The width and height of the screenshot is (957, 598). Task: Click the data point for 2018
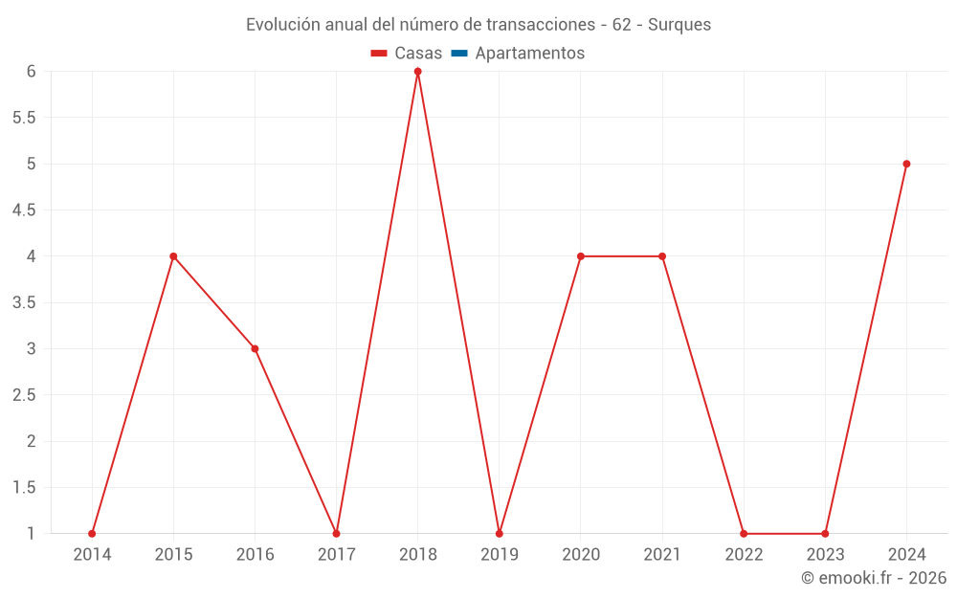click(x=418, y=72)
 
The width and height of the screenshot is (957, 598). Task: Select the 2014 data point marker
click(x=92, y=534)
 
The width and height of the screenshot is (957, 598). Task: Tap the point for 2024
click(x=906, y=164)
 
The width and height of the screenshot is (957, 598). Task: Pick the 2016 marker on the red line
click(x=255, y=349)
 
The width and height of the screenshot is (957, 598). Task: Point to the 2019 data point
click(x=500, y=534)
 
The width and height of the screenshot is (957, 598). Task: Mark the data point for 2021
click(x=662, y=256)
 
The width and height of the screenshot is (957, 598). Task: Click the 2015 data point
click(x=173, y=256)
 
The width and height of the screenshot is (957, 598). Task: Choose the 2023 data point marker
click(x=825, y=534)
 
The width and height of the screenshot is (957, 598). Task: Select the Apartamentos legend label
click(x=529, y=54)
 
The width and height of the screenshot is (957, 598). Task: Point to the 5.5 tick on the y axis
click(x=24, y=118)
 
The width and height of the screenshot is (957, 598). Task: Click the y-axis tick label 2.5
click(x=24, y=395)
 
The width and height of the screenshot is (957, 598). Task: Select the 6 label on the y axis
click(x=32, y=72)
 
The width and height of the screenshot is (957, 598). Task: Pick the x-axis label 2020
click(x=581, y=555)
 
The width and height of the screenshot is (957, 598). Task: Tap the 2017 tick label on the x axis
click(x=336, y=555)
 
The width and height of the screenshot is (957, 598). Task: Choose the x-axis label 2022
click(x=744, y=555)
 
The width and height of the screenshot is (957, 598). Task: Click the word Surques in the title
click(x=679, y=25)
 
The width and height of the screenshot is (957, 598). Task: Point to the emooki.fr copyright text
click(x=874, y=578)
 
